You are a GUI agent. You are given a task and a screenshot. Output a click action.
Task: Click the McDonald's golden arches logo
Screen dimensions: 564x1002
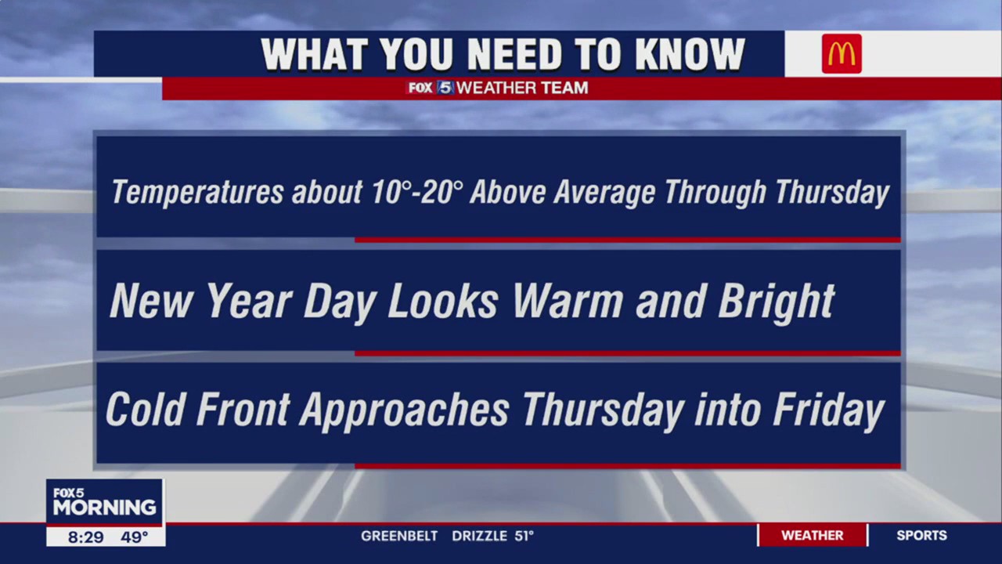[842, 54]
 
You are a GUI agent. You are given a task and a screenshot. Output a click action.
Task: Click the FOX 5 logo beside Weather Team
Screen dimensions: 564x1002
[430, 88]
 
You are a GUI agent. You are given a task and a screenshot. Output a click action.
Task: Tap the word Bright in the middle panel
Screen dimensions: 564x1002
[776, 301]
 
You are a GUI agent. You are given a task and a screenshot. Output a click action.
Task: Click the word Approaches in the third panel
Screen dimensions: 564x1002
[404, 410]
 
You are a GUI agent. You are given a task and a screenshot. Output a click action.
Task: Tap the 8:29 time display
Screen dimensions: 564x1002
[85, 537]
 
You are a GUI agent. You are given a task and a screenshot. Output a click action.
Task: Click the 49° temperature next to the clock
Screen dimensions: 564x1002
[134, 537]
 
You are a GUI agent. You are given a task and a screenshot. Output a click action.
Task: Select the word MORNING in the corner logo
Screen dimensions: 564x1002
[104, 508]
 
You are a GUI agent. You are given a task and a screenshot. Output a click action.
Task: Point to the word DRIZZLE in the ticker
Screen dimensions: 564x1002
[479, 536]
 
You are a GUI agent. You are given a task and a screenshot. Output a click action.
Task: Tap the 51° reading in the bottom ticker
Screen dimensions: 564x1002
[524, 536]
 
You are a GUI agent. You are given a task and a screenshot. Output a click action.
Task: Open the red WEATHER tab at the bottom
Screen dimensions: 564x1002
[812, 536]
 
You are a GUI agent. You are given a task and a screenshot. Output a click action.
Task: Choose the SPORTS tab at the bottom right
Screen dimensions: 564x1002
[921, 536]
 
